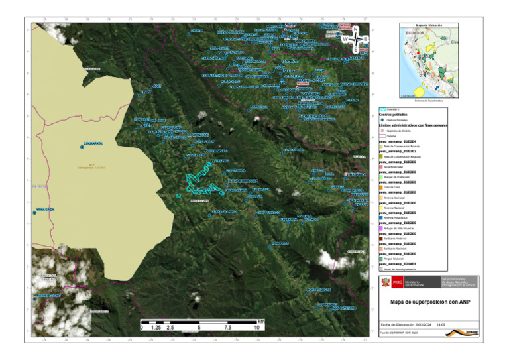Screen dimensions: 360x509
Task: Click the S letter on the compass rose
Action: click(356, 50)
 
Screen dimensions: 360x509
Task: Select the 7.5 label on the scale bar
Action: click(227, 328)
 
